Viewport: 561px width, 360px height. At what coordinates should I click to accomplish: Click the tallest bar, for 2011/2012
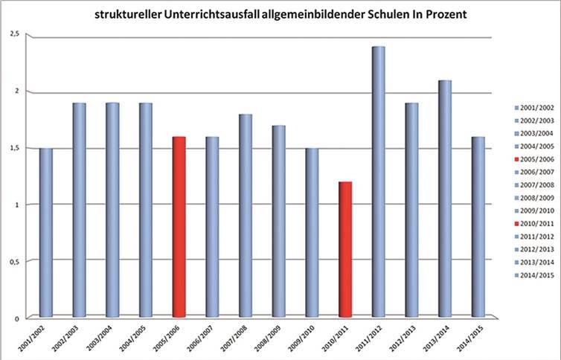point(378,182)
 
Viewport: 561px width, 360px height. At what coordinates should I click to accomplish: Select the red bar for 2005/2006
point(179,227)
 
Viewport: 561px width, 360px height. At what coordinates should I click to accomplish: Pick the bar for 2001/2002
point(46,232)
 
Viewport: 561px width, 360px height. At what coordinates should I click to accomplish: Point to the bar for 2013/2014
point(444,199)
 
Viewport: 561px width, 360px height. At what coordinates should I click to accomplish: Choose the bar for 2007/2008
point(246,216)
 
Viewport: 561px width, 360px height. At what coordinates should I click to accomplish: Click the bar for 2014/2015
point(478,227)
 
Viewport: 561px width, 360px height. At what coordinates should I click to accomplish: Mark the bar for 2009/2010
point(312,232)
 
